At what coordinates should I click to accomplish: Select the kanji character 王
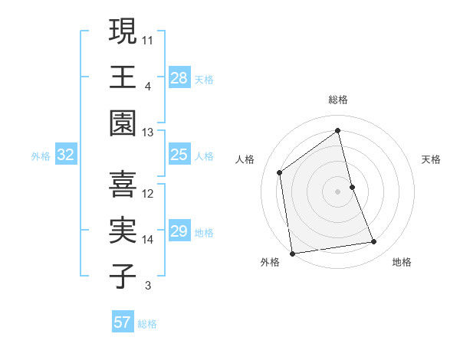click(123, 76)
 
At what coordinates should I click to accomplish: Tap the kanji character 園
click(123, 122)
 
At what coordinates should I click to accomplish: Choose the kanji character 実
click(123, 231)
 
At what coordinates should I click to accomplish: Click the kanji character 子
click(123, 277)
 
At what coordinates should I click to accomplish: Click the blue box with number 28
click(179, 77)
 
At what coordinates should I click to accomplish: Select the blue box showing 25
click(179, 155)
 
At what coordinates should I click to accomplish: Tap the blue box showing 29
click(179, 232)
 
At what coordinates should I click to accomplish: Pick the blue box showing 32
click(66, 155)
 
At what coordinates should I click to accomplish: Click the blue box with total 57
click(123, 322)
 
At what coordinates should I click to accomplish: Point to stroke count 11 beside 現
click(149, 39)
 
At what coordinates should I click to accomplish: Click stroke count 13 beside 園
click(148, 133)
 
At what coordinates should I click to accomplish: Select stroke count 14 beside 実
click(148, 240)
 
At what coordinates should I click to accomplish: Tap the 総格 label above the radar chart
click(338, 100)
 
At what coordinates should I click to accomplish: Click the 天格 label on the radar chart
click(432, 159)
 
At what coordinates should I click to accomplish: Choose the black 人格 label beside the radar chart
click(245, 159)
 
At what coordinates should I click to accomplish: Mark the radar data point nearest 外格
click(292, 253)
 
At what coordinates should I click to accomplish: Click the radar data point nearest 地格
click(374, 242)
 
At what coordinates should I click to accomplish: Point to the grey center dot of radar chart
click(338, 191)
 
